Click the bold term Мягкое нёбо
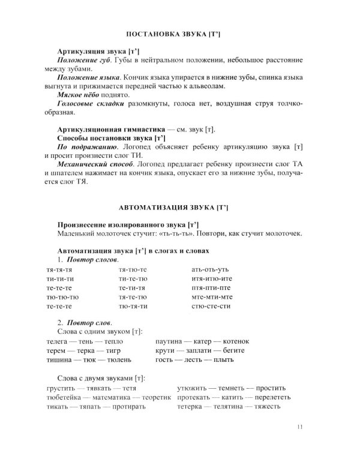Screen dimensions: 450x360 pos(80,96)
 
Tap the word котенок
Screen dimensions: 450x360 pos(234,341)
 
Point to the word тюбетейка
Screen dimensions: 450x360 pos(68,397)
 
